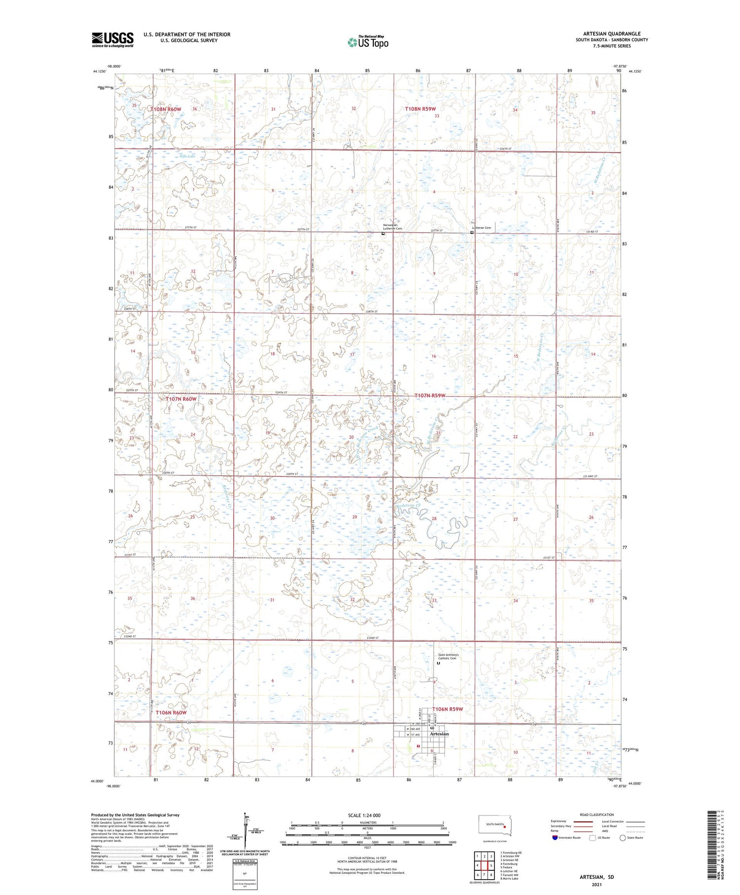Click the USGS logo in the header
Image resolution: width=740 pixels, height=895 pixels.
point(112,39)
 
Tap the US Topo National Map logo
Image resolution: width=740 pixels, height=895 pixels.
point(368,42)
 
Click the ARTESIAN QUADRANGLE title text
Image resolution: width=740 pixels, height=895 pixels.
point(612,34)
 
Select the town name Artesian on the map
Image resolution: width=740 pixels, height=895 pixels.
point(439,734)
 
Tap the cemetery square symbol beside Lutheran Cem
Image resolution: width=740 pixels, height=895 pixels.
point(472,232)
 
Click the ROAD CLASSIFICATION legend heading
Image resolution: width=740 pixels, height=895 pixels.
point(597,815)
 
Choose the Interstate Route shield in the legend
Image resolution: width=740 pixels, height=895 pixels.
point(555,838)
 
